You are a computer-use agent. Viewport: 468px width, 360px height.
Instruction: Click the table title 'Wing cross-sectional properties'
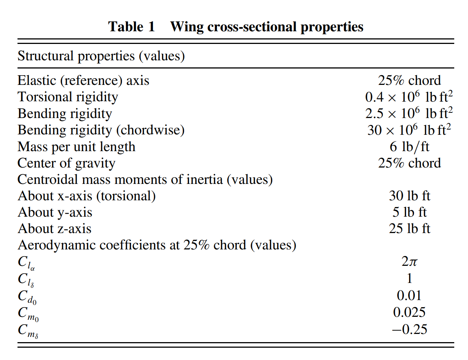coord(267,27)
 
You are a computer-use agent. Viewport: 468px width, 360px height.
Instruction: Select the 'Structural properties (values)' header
coord(101,56)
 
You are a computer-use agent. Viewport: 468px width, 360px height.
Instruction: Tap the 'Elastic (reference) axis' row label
coord(83,81)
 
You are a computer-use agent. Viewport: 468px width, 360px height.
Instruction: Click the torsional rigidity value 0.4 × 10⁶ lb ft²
coord(409,96)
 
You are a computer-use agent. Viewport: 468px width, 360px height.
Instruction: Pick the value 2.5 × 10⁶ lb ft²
coord(409,113)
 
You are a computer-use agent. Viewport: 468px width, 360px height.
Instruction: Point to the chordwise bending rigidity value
coord(409,130)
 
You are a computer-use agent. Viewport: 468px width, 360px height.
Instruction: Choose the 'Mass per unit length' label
coord(77,147)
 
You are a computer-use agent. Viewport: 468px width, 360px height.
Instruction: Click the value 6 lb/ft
coord(410,147)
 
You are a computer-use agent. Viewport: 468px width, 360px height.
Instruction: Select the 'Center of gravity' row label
coord(66,163)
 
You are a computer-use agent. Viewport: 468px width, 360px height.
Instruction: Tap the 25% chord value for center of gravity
coord(410,163)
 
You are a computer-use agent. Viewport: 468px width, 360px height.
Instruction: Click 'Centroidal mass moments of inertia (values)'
coord(145,179)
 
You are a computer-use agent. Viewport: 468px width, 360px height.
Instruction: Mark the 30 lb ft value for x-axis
coord(410,196)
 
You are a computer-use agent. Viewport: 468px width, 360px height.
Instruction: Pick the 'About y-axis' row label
coord(55,213)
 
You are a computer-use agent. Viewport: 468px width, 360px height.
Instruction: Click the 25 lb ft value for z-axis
coord(410,229)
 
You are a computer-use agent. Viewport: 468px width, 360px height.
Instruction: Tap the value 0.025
coord(409,312)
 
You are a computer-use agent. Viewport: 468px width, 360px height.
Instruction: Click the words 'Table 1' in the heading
coord(132,27)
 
